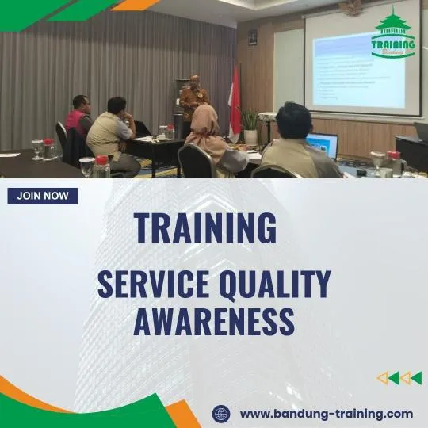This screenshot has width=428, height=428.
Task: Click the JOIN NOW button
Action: (x=43, y=196)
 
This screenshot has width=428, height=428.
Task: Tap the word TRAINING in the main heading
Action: (x=205, y=227)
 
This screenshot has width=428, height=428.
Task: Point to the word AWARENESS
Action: (x=213, y=321)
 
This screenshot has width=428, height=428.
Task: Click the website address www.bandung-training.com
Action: (x=326, y=413)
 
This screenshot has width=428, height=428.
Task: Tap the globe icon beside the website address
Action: (x=221, y=414)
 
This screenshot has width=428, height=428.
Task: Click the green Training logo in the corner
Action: (x=393, y=35)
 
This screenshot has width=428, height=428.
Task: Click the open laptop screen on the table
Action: (x=323, y=145)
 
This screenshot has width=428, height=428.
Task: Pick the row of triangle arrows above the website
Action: (x=399, y=378)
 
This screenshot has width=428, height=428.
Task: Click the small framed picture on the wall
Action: (x=252, y=36)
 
